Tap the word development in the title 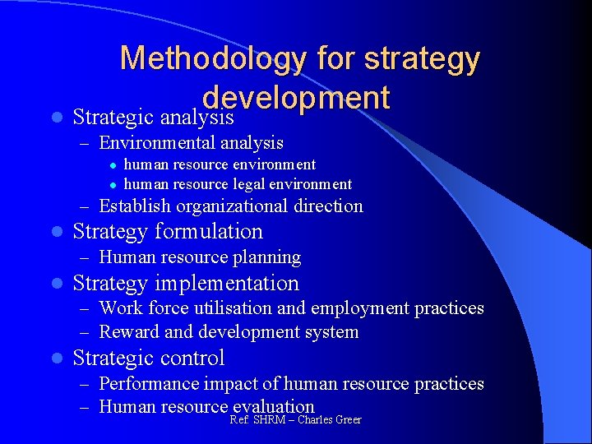tap(296, 97)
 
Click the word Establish tap(135, 206)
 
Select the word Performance tap(150, 384)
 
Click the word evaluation tap(274, 406)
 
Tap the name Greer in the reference tap(347, 420)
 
